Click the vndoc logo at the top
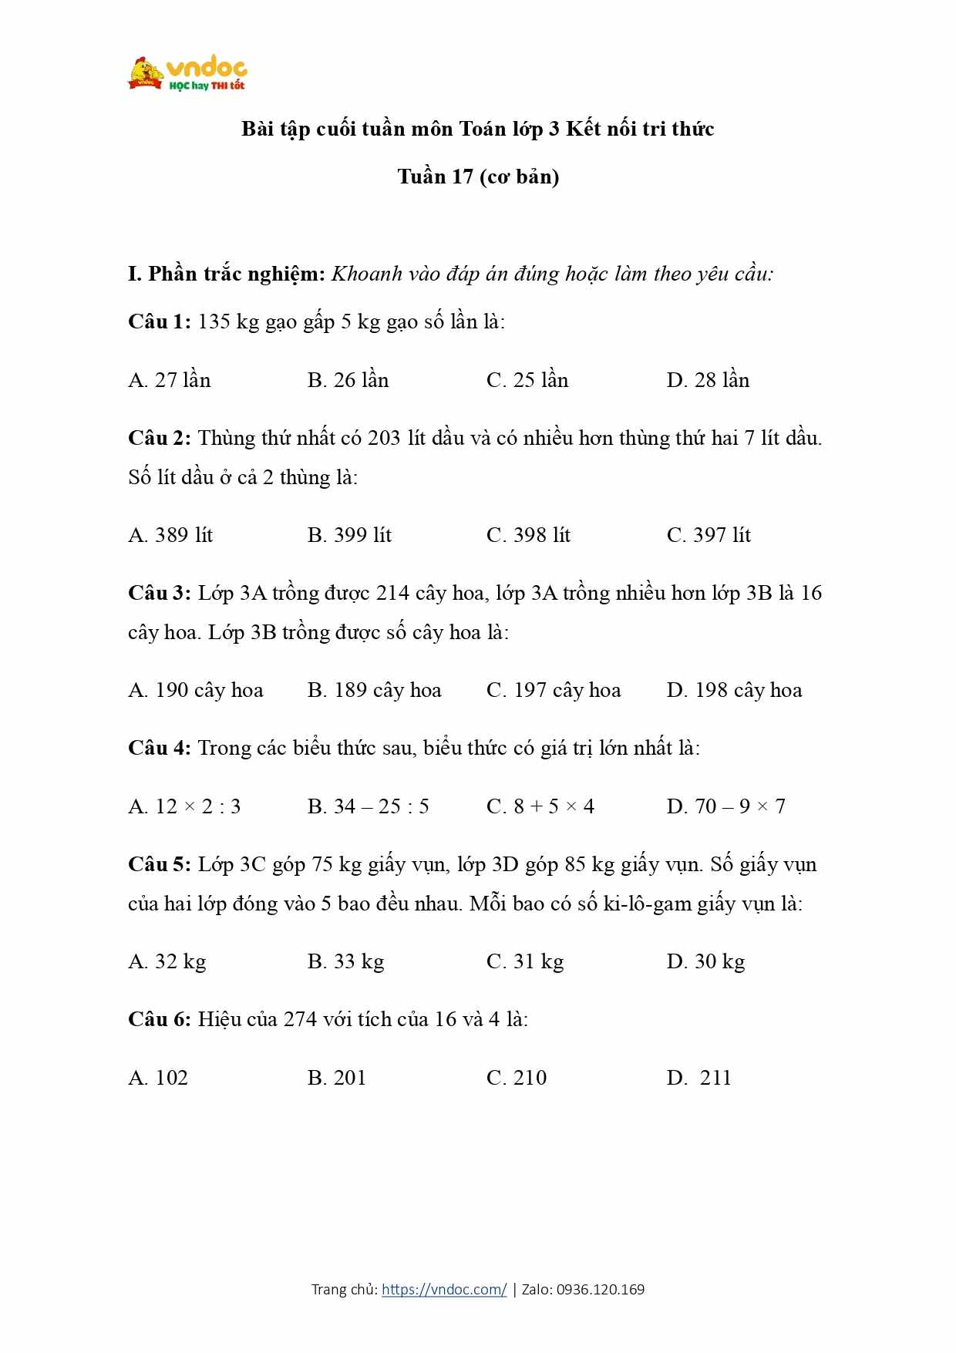click(x=187, y=74)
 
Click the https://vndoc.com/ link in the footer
click(x=444, y=1289)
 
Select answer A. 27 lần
click(x=170, y=380)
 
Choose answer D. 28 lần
click(x=708, y=380)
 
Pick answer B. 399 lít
click(x=349, y=535)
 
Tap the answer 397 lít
click(x=709, y=535)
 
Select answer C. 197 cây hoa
click(x=554, y=690)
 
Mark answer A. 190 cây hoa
click(x=196, y=690)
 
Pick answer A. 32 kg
click(x=167, y=961)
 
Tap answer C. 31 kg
click(x=525, y=961)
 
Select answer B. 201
click(x=337, y=1078)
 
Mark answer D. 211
click(x=699, y=1078)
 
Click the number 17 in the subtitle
click(x=462, y=177)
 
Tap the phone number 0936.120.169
click(x=601, y=1289)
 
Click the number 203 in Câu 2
click(x=384, y=438)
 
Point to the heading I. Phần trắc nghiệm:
click(x=227, y=274)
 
